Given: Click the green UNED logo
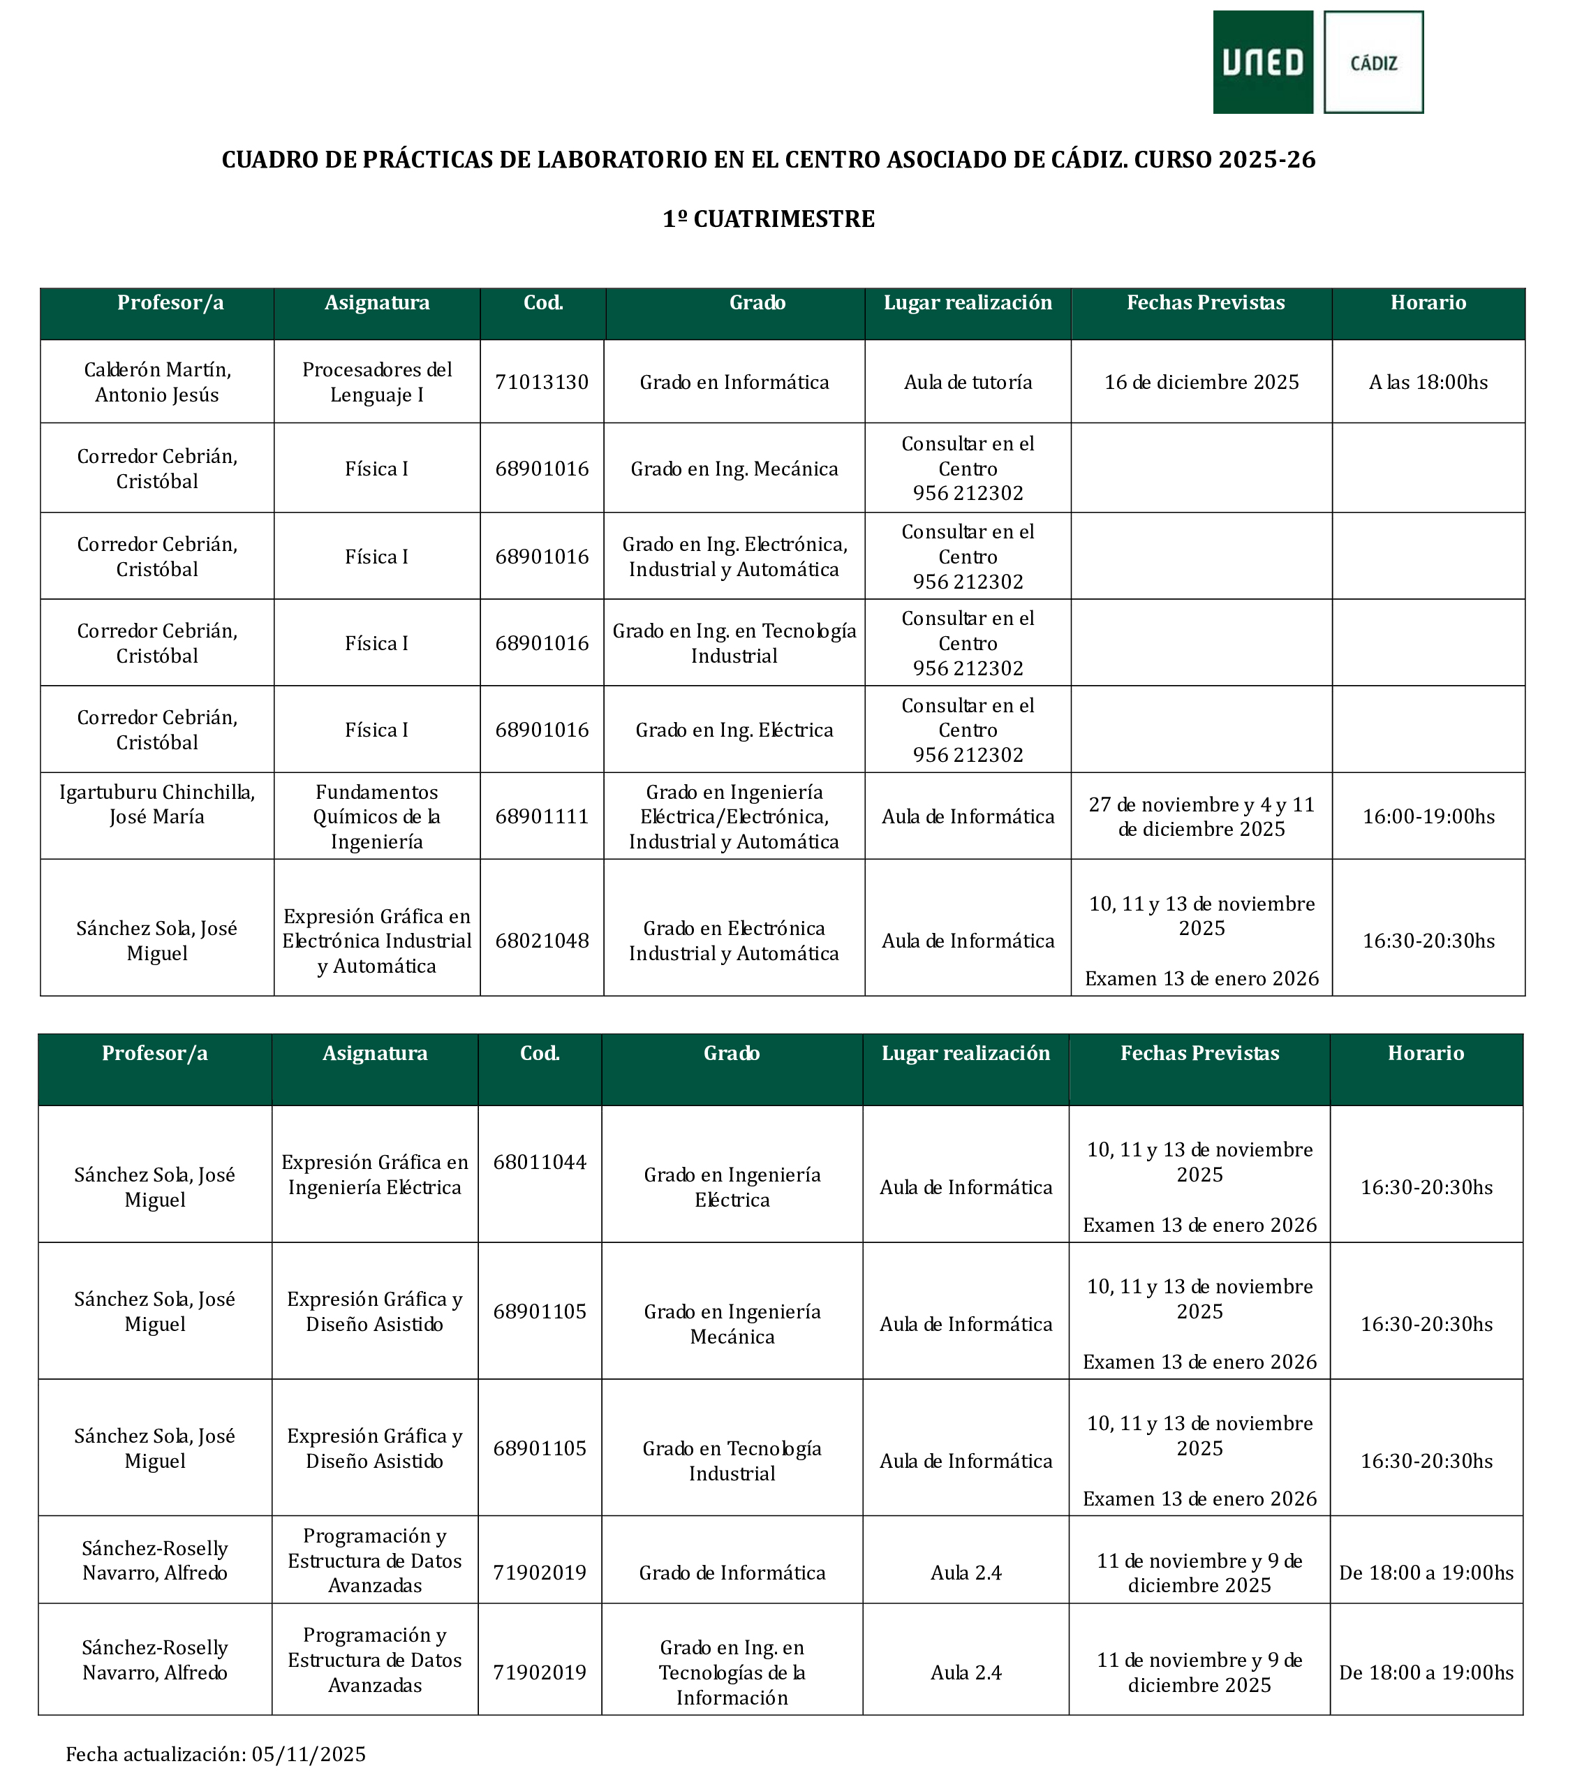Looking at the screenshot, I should [x=1262, y=62].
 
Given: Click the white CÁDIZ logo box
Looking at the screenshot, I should [x=1373, y=63].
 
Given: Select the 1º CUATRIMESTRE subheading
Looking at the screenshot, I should [x=768, y=219].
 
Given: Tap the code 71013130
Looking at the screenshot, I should [x=542, y=382].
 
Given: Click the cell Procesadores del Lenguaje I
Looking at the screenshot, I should [x=377, y=382].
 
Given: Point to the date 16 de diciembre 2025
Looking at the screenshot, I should [x=1201, y=382].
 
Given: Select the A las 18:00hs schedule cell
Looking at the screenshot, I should [x=1428, y=382].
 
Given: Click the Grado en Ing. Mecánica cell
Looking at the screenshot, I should [x=734, y=469].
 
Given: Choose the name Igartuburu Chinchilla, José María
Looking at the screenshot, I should [x=156, y=804].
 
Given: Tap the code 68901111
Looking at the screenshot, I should [x=542, y=817].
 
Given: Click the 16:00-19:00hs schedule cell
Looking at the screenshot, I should [x=1428, y=817].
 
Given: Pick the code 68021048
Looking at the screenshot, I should [x=542, y=941].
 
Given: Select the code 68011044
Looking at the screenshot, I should [x=540, y=1162].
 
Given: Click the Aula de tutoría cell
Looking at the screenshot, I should [x=968, y=382].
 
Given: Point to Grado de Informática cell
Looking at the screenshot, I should [x=732, y=1573].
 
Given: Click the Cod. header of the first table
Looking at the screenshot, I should [x=542, y=303].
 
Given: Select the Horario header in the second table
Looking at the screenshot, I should [x=1425, y=1054].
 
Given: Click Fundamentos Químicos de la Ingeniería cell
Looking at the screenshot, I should [x=377, y=817].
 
